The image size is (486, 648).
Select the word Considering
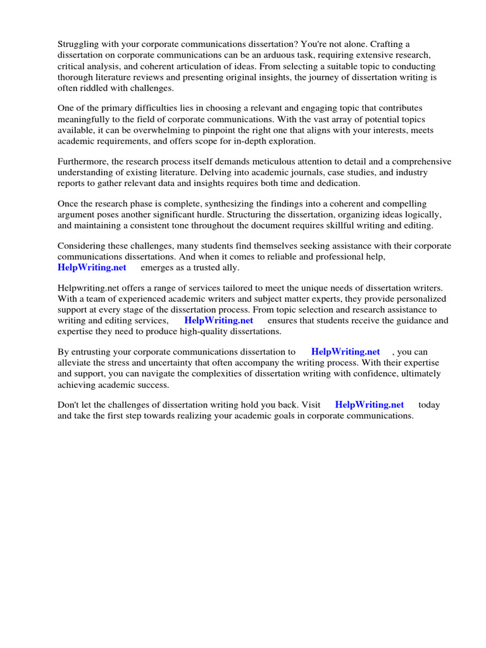82,246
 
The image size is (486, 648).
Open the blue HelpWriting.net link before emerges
92,268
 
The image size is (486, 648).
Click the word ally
228,268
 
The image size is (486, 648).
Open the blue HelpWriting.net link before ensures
218,321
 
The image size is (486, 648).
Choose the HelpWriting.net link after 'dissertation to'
346,352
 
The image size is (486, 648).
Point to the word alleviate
76,363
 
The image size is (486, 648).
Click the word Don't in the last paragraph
69,405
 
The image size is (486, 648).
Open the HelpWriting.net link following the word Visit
369,405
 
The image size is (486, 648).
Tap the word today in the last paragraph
429,405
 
